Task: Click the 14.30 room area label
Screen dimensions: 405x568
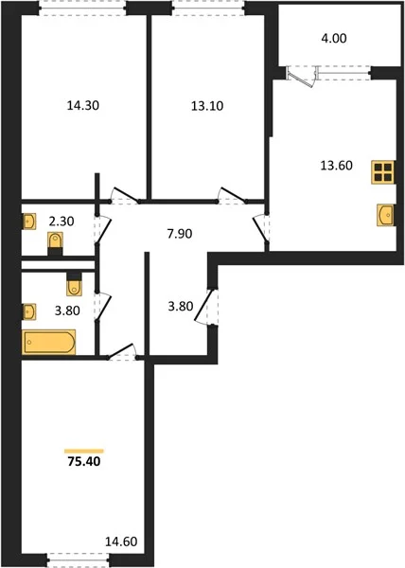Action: (83, 105)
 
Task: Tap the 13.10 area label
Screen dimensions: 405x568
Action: (207, 106)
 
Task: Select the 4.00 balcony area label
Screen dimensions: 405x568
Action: (334, 38)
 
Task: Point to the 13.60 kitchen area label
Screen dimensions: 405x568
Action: (336, 166)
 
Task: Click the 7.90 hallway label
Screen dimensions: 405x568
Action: (180, 234)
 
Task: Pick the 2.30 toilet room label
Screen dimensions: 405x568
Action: (62, 221)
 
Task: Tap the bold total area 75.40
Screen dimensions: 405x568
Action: (84, 462)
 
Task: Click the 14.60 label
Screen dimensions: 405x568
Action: (121, 541)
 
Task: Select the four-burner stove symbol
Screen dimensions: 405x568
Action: (383, 172)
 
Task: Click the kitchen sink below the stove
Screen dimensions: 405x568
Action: (385, 215)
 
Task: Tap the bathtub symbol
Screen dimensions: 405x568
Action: (49, 342)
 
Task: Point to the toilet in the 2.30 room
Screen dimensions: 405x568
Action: (56, 243)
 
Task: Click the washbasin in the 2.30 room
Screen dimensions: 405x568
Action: (29, 221)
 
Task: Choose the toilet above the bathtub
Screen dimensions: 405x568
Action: (74, 284)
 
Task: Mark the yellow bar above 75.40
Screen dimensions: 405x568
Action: (84, 451)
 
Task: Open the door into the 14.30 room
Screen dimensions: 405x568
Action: (125, 194)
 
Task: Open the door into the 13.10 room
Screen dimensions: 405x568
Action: (232, 194)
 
